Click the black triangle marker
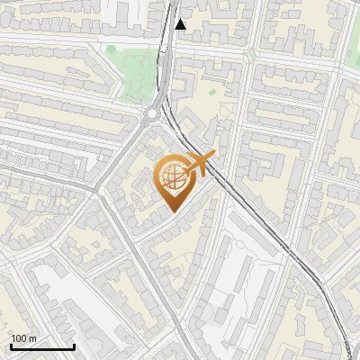[x=181, y=24]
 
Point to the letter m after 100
[x=32, y=339]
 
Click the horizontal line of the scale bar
[x=42, y=347]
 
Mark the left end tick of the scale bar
[x=11, y=346]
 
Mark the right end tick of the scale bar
[x=74, y=346]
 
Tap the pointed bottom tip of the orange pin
[x=172, y=211]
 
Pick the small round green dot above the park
[x=111, y=49]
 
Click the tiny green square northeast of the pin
[x=213, y=91]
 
